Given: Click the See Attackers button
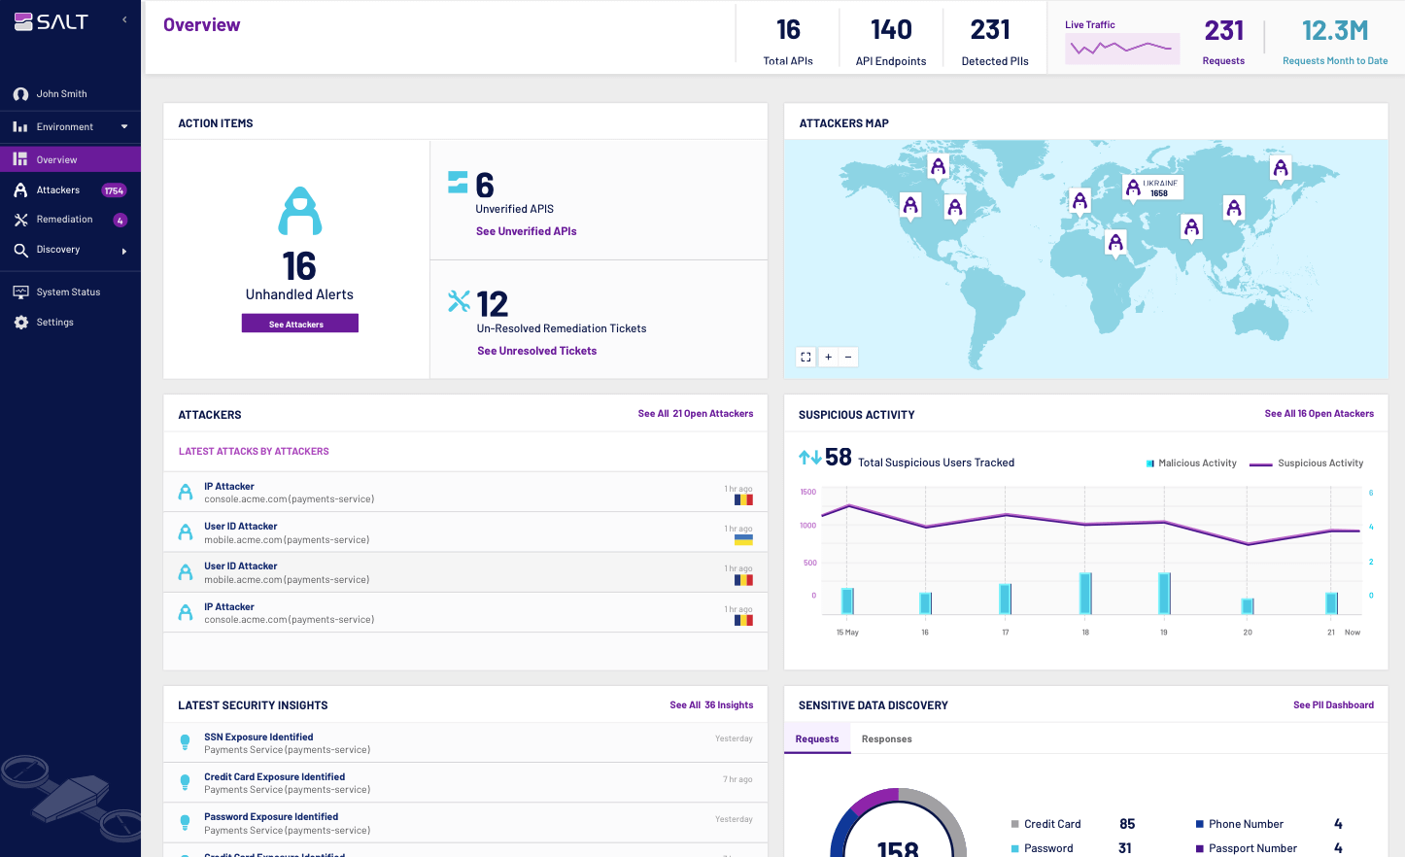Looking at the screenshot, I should (299, 324).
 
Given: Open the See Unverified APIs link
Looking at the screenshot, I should (526, 231).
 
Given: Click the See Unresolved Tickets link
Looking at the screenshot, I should (536, 351).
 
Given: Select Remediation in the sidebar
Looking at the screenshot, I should (64, 220).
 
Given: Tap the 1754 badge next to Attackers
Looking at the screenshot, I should (114, 191).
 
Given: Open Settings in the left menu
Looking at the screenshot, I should (54, 323).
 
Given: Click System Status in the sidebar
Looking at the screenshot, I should (68, 292).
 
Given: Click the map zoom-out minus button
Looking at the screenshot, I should (848, 357).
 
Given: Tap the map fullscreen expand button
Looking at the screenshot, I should (805, 357).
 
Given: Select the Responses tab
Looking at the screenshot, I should (886, 739).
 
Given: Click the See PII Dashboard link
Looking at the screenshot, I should (1333, 705).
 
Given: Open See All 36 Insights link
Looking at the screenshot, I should (711, 705).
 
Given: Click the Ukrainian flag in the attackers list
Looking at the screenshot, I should (743, 540).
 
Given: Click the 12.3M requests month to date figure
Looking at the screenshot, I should (1334, 31).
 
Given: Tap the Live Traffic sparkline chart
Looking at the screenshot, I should (1121, 48).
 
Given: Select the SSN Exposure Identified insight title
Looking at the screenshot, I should (258, 737).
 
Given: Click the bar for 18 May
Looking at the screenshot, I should (1085, 593).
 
